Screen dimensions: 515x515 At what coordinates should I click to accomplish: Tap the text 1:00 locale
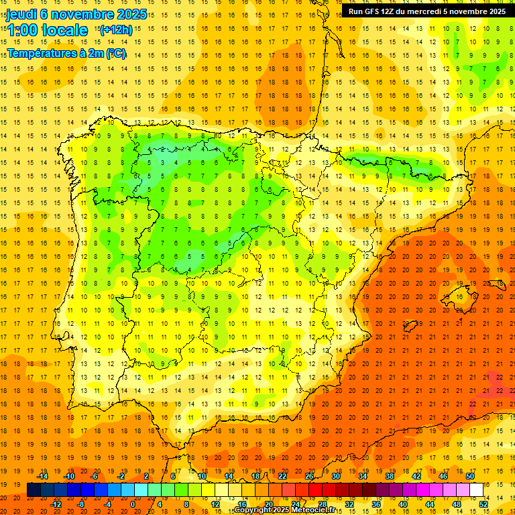pyautogui.click(x=48, y=30)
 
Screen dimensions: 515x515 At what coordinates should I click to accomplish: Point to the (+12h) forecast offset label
pyautogui.click(x=115, y=30)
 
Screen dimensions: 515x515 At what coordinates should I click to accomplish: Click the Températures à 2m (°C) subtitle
pyautogui.click(x=66, y=53)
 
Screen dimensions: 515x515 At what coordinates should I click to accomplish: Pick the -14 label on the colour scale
pyautogui.click(x=44, y=476)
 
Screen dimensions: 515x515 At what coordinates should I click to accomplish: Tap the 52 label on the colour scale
pyautogui.click(x=483, y=504)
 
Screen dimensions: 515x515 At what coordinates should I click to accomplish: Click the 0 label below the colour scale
pyautogui.click(x=133, y=504)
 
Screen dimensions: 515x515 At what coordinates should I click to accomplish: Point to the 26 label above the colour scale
pyautogui.click(x=309, y=476)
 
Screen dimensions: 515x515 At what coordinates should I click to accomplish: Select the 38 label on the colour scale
pyautogui.click(x=389, y=476)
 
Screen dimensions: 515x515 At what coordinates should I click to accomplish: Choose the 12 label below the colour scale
pyautogui.click(x=216, y=504)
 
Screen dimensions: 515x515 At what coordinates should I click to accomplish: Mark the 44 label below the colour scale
pyautogui.click(x=430, y=504)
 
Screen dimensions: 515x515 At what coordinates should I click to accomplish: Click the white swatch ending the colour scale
pyautogui.click(x=477, y=490)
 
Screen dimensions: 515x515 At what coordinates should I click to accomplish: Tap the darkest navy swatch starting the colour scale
pyautogui.click(x=34, y=490)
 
